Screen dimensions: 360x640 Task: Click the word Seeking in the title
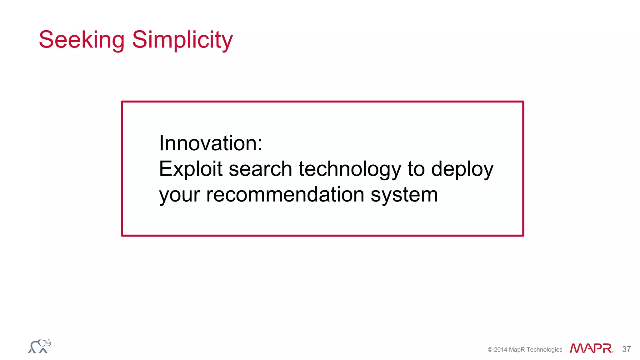(x=82, y=40)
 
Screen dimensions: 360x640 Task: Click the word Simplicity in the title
(x=182, y=40)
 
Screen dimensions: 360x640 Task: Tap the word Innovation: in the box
(x=210, y=143)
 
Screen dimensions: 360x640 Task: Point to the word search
(x=260, y=169)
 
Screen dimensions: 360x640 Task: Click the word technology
(x=350, y=169)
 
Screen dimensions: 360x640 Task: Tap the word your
(x=179, y=195)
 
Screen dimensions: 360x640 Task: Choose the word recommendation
(x=285, y=195)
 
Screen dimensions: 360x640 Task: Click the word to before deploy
(x=416, y=169)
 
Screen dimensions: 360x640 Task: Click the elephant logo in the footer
(x=40, y=346)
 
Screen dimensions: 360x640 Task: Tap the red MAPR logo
(x=591, y=348)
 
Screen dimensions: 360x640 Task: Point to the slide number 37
(x=626, y=349)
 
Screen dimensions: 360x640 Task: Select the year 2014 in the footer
(x=501, y=350)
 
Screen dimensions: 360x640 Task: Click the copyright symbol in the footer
(x=490, y=350)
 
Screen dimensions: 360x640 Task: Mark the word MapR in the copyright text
(x=517, y=350)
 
